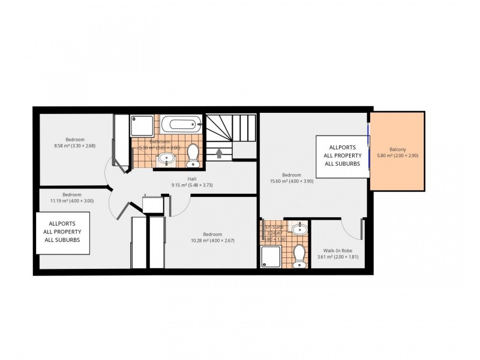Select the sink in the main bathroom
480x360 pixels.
pos(166,159)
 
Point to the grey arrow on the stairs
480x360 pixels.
pos(220,154)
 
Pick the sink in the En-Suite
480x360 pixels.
pos(299,229)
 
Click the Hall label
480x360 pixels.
pos(192,179)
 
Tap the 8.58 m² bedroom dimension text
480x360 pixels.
pos(75,145)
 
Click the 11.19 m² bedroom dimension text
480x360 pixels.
pos(72,201)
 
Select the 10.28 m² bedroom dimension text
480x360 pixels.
pos(212,241)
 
